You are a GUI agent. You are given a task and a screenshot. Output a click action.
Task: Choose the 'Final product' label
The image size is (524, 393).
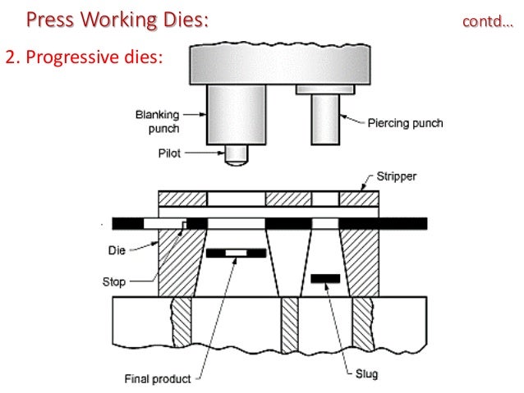coord(159,379)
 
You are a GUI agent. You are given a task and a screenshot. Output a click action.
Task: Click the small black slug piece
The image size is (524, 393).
coord(325,279)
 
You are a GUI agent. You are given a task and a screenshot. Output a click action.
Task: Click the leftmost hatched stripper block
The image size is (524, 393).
coord(182,199)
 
